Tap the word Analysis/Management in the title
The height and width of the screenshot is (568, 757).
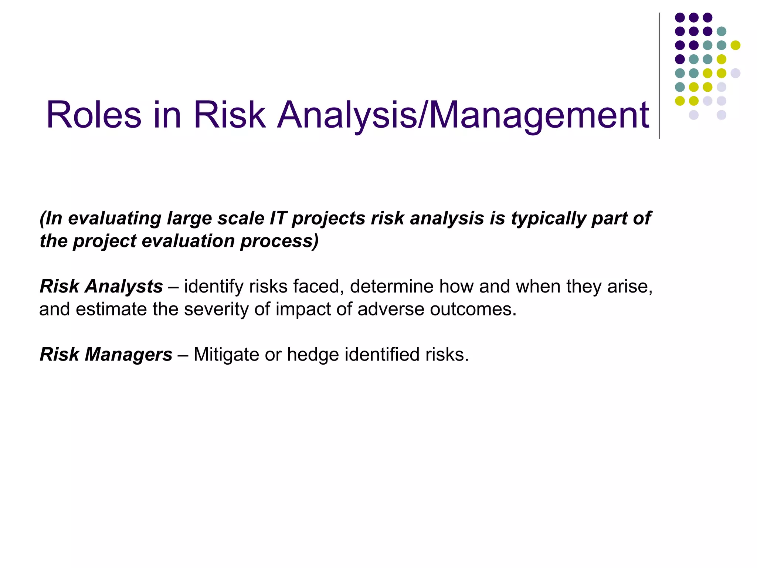pyautogui.click(x=463, y=115)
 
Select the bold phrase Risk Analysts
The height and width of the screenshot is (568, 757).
pyautogui.click(x=101, y=287)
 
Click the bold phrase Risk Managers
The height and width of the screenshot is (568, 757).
pyautogui.click(x=106, y=355)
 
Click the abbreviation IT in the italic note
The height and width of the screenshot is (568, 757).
pyautogui.click(x=278, y=218)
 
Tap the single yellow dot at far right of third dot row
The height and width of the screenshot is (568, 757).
pyautogui.click(x=736, y=45)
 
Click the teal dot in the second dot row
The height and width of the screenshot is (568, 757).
pyautogui.click(x=722, y=31)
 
